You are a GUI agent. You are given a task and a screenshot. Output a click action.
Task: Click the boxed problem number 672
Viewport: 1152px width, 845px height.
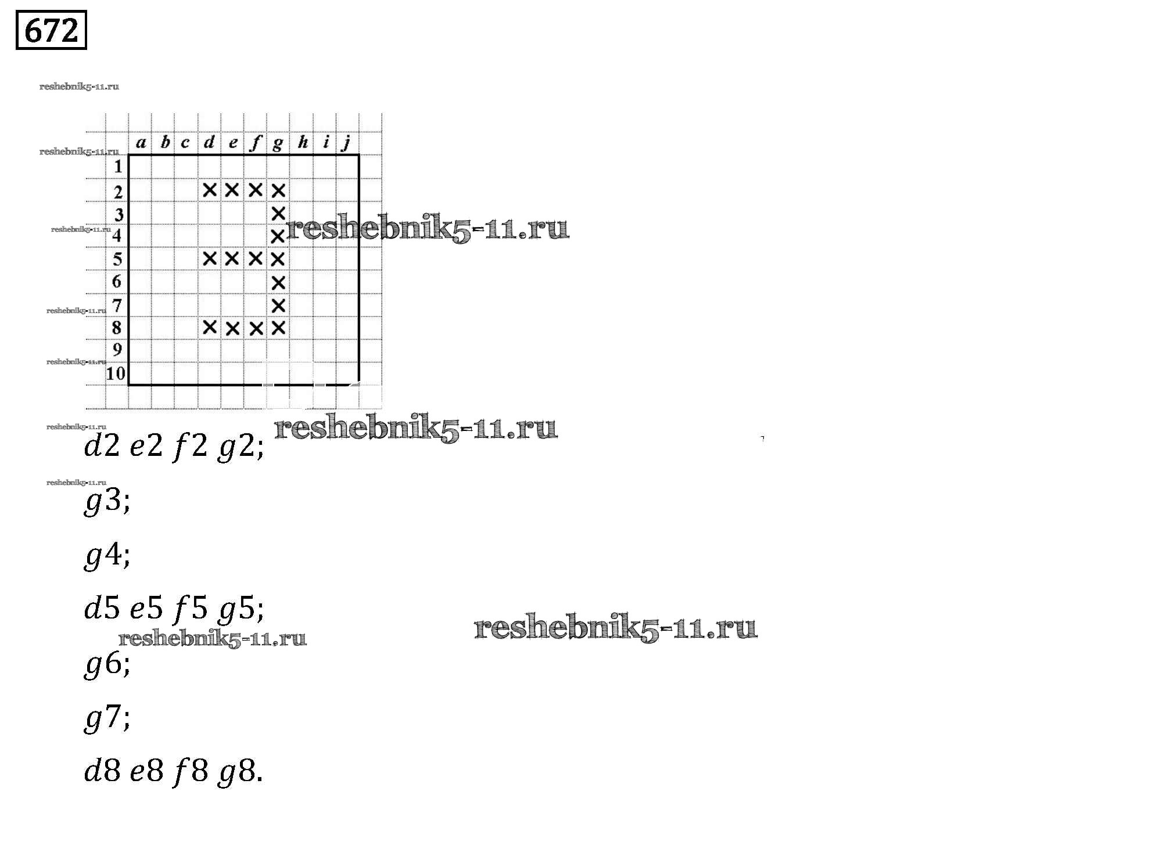click(51, 30)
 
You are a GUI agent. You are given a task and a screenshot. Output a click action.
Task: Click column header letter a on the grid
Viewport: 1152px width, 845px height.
click(141, 143)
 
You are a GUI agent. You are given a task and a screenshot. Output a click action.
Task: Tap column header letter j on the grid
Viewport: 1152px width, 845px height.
click(347, 143)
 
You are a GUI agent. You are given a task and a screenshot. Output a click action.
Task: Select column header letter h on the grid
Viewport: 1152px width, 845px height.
click(302, 143)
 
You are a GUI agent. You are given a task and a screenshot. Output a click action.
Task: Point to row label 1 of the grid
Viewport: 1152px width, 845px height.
click(118, 167)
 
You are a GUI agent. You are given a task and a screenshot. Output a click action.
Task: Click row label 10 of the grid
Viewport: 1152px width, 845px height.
click(116, 373)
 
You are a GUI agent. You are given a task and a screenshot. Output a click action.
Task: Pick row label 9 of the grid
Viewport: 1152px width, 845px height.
click(117, 350)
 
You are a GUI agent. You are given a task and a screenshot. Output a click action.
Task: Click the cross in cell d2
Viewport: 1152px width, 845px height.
click(210, 189)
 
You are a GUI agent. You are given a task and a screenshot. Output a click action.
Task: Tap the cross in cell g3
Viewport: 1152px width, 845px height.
click(278, 213)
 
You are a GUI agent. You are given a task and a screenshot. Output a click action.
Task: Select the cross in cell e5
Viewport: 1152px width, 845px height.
click(232, 258)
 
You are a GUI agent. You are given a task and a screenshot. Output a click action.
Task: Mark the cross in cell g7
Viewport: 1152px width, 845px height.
click(278, 305)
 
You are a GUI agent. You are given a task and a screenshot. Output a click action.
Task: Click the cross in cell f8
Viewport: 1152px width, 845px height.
click(256, 328)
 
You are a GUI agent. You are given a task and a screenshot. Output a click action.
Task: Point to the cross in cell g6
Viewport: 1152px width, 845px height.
click(278, 282)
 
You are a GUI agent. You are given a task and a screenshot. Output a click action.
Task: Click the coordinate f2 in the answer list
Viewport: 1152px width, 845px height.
click(191, 447)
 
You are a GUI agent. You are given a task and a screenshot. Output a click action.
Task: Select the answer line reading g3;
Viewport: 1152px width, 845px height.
click(107, 501)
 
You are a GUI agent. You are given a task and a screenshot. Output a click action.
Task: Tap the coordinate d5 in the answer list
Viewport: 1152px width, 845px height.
click(102, 609)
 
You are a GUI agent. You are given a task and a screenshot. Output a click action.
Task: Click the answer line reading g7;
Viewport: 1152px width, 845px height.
click(107, 718)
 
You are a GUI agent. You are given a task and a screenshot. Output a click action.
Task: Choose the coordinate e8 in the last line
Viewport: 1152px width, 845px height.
click(146, 772)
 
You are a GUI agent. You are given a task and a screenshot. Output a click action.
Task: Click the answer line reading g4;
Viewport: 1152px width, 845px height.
click(107, 555)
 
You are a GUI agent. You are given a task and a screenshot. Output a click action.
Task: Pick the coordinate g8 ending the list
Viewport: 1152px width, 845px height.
click(237, 772)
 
